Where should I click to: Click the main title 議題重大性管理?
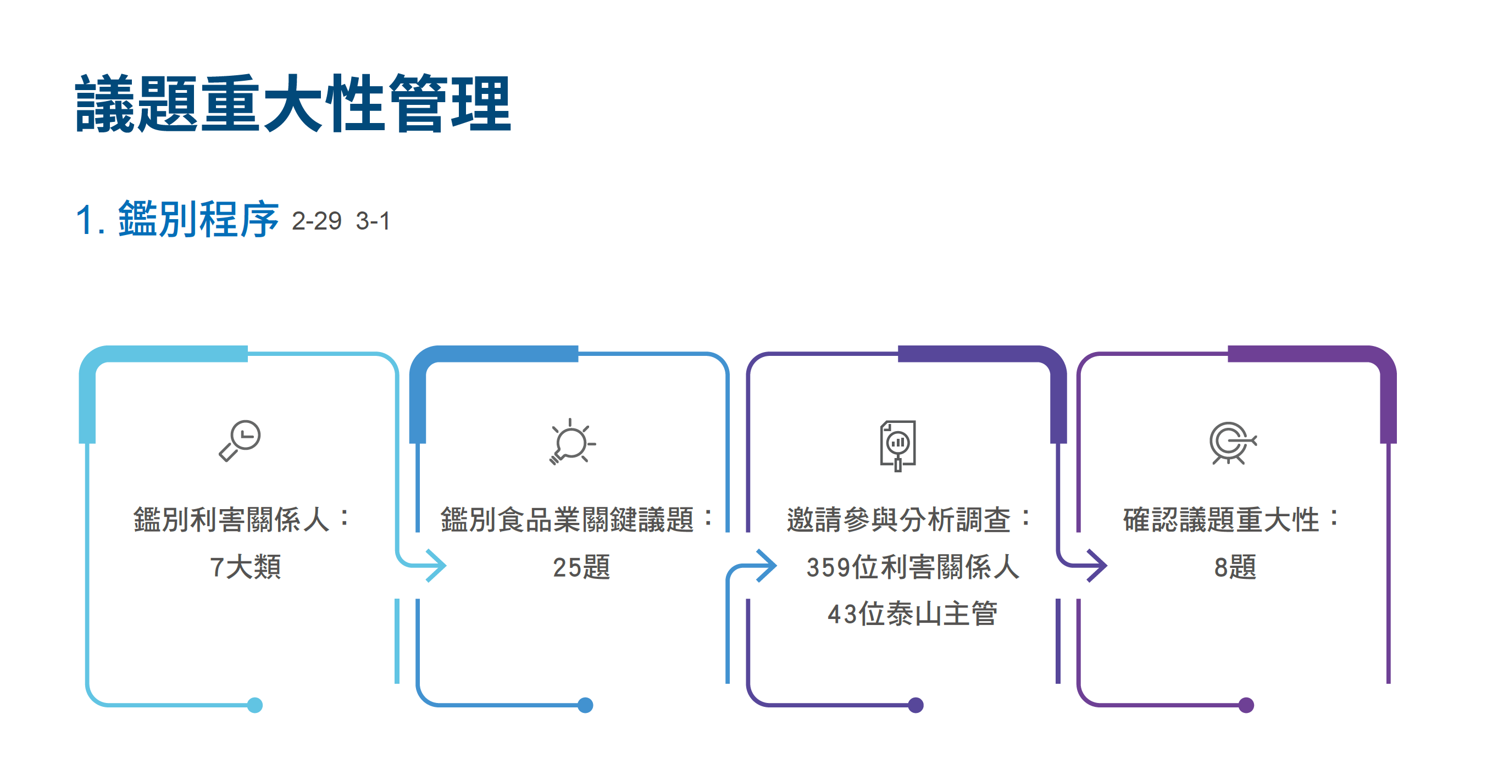(293, 103)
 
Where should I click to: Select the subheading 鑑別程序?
(198, 219)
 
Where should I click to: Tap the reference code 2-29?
(317, 221)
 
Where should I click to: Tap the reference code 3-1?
(373, 221)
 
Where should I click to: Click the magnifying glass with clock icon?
(240, 440)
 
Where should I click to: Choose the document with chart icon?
(898, 445)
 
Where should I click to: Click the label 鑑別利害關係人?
(231, 519)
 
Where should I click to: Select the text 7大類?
(246, 567)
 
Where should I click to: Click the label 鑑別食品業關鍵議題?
(567, 519)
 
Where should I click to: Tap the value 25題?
(581, 567)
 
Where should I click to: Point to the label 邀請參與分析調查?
(898, 519)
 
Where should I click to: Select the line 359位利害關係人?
(912, 567)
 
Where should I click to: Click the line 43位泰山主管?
(912, 613)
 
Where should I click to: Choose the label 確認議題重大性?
(1220, 519)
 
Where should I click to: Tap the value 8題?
(1235, 567)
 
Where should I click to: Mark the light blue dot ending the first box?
(255, 705)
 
